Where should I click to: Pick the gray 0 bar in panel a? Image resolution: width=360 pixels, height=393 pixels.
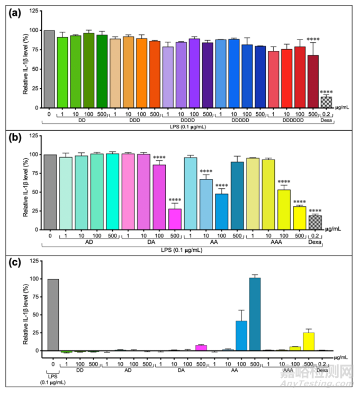(49, 69)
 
